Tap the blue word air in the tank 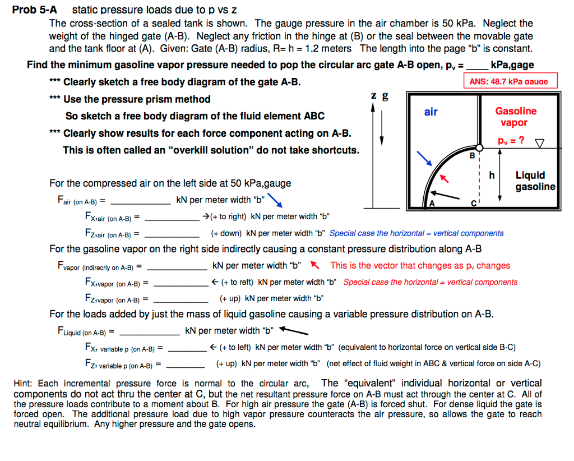point(430,112)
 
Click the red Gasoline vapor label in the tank point(516,117)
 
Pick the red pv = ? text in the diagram point(511,140)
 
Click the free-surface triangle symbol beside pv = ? point(539,142)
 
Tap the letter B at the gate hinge point(472,155)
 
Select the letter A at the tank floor point(432,203)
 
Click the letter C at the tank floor point(474,203)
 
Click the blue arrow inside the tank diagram point(428,160)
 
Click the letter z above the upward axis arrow point(373,96)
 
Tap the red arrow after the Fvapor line point(314,265)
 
